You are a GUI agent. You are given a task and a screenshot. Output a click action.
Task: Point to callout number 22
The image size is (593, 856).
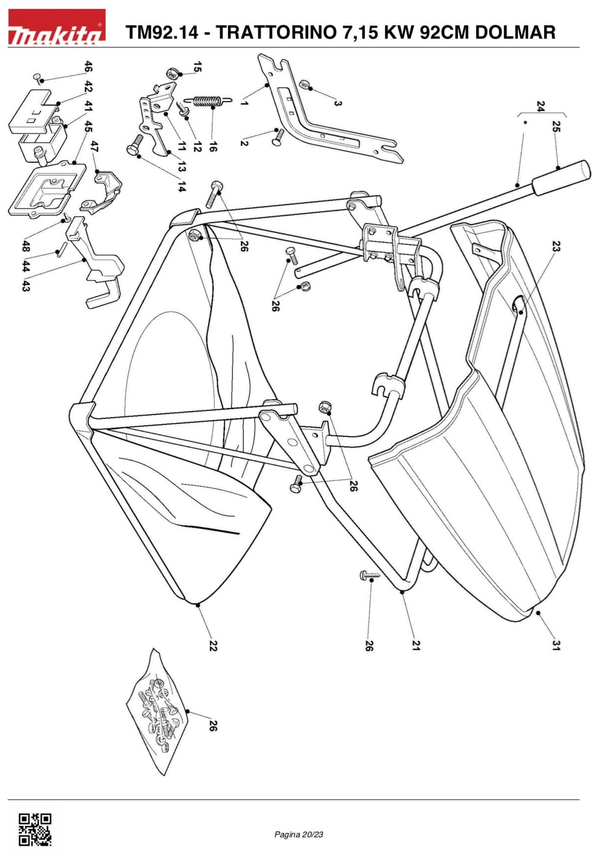pyautogui.click(x=213, y=646)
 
